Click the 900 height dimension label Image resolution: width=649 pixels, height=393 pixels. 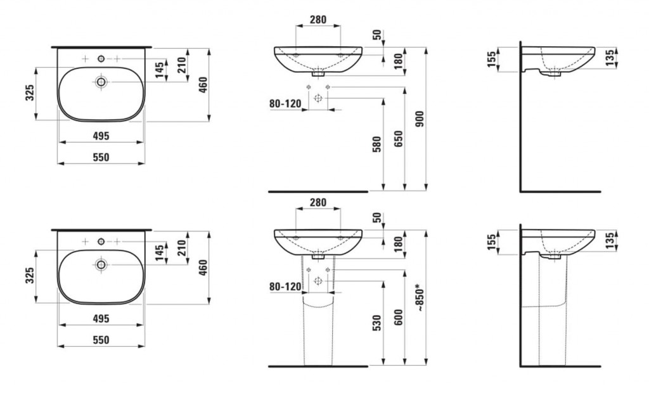pos(420,119)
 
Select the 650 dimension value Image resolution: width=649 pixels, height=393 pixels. pos(398,139)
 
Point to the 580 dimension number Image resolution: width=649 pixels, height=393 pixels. pos(376,144)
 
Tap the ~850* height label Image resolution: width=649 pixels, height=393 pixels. pos(420,297)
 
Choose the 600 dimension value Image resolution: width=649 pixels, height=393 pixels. pos(398,317)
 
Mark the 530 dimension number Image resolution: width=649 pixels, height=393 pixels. pos(376,323)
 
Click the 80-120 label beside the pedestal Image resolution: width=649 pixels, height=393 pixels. pos(285,286)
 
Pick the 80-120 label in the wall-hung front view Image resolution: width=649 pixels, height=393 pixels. pos(285,103)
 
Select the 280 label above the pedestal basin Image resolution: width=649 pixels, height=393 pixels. pos(318,202)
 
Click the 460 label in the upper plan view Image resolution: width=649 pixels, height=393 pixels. pos(203,84)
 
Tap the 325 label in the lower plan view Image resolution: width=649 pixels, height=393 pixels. pos(29,275)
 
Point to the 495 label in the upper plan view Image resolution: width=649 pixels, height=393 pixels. pos(101,136)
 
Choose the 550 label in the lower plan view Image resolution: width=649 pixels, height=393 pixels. pos(101,340)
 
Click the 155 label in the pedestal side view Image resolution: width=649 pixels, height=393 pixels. pos(491,243)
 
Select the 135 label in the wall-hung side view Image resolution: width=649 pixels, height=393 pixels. pos(610,58)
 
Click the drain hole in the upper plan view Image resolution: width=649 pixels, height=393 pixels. pos(101,82)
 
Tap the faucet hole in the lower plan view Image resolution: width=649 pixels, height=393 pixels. pos(101,242)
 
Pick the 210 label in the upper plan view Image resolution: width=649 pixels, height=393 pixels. pos(182,65)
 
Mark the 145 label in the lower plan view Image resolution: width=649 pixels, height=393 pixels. pos(160,253)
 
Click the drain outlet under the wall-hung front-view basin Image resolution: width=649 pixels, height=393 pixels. pos(318,74)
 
